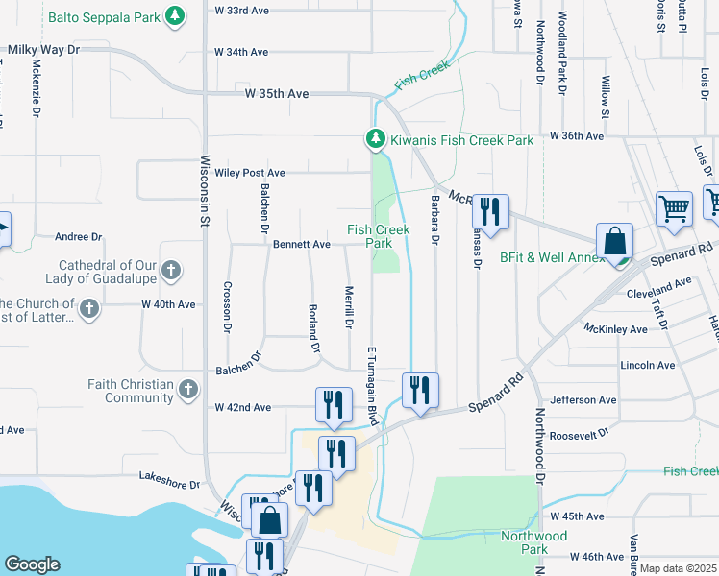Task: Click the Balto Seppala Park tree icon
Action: click(175, 15)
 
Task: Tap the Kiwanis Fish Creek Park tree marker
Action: click(376, 140)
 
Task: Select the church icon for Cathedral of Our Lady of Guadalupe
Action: click(171, 270)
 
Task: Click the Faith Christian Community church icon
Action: click(188, 390)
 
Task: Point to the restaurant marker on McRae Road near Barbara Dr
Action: click(490, 211)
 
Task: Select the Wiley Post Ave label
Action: click(250, 173)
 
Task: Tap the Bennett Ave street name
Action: click(301, 245)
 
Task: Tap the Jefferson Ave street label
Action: click(583, 399)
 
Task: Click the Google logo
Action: click(32, 564)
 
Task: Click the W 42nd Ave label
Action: click(242, 407)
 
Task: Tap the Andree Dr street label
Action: click(78, 236)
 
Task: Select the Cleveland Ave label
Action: click(658, 294)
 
